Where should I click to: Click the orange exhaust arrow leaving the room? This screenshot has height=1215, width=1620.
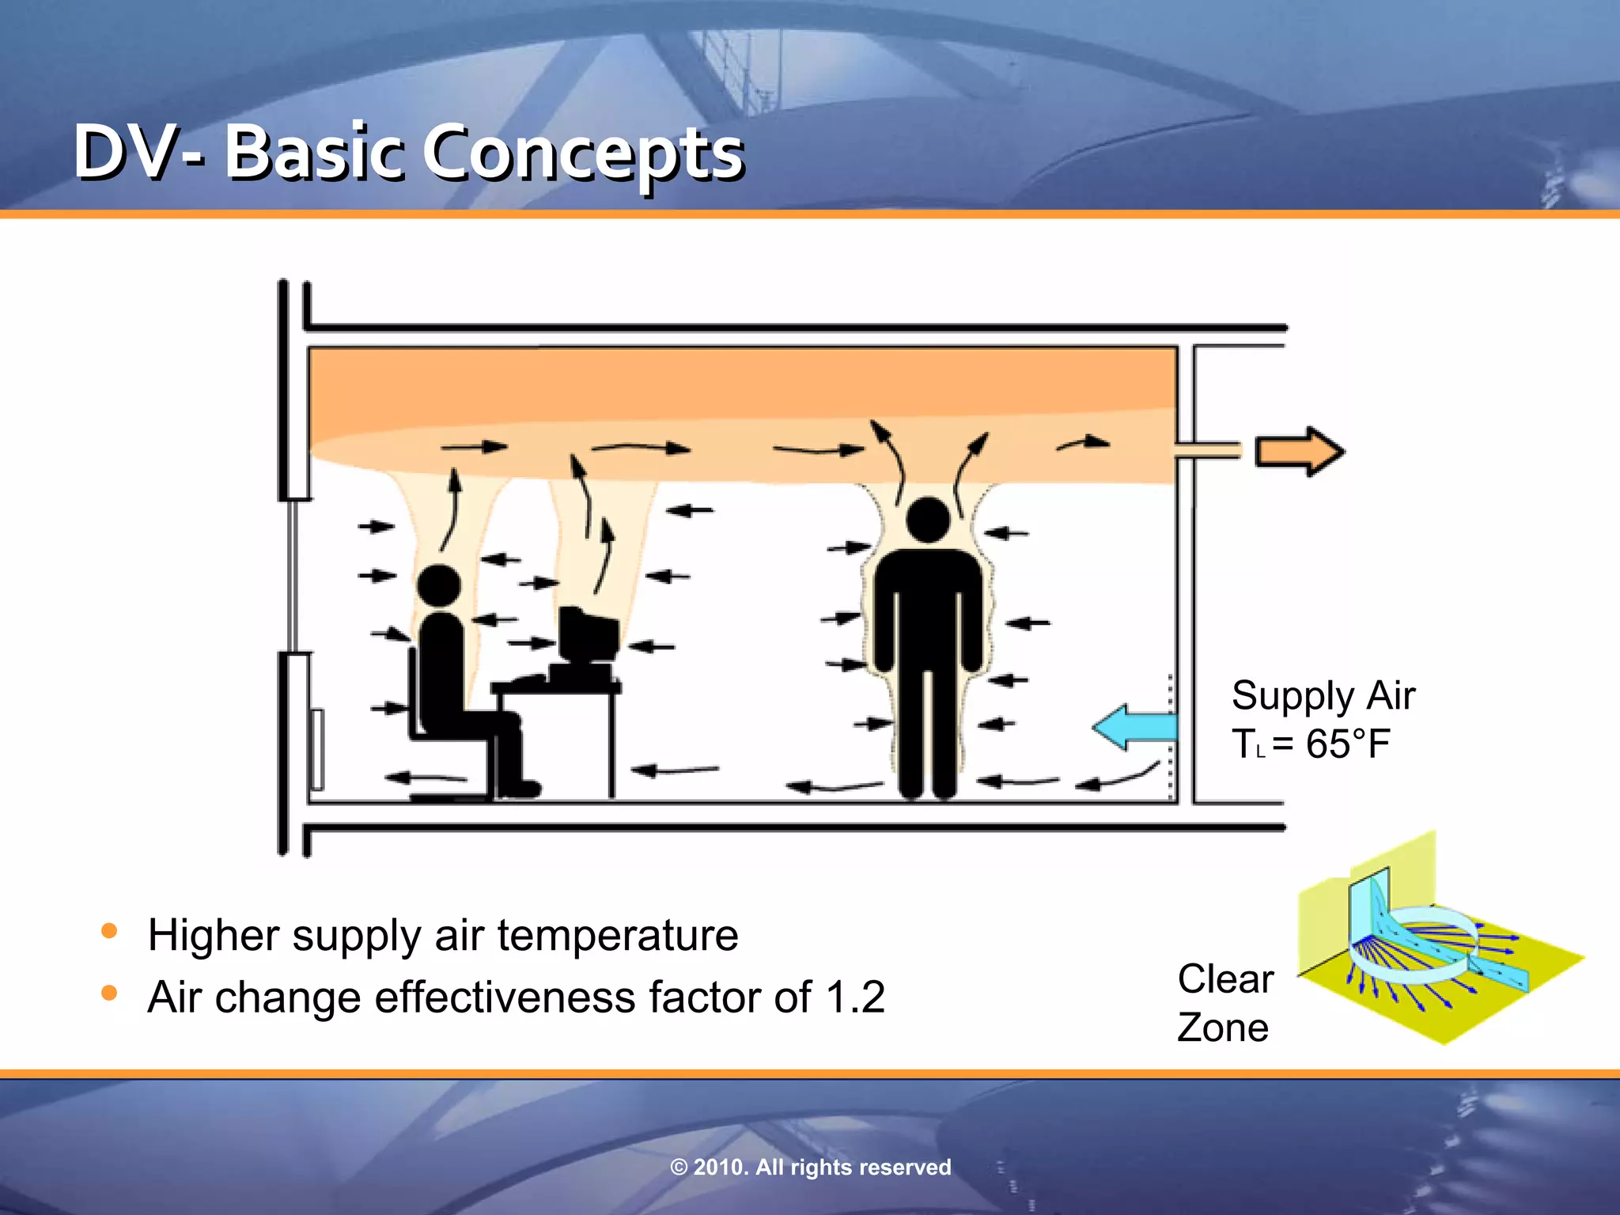pos(1298,452)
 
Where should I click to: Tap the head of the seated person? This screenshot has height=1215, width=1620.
pos(438,586)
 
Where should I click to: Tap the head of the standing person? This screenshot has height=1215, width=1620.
pos(928,520)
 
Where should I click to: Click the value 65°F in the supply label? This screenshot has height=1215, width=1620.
pos(1348,744)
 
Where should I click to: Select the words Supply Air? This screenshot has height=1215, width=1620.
pos(1323,696)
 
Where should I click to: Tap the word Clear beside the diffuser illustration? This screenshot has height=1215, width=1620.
pos(1225,979)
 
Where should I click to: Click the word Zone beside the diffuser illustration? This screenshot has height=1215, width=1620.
pos(1223,1028)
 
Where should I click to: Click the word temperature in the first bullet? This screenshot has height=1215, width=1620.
pos(618,936)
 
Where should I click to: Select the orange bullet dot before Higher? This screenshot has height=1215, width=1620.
pos(110,931)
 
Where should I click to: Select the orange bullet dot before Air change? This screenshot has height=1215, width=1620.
pos(110,993)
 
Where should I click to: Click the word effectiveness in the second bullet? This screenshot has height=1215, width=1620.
pos(505,997)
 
